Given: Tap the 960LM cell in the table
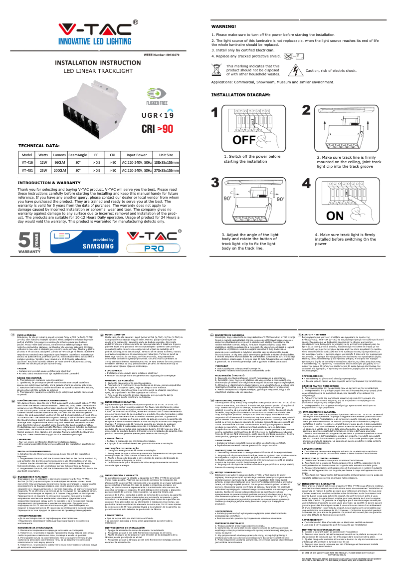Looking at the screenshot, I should (60, 163).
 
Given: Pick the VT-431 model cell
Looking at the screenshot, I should (27, 171).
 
